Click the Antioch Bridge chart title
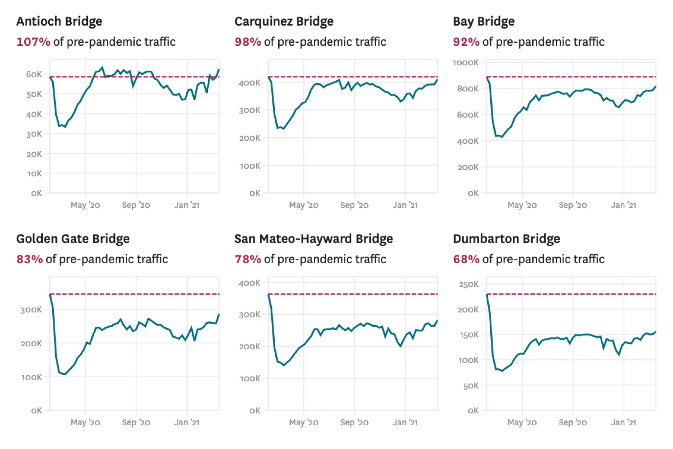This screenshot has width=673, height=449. click(x=59, y=22)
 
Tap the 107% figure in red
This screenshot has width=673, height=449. click(x=33, y=42)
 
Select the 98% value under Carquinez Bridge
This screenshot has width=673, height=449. click(x=248, y=42)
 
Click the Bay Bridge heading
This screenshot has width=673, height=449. click(x=483, y=22)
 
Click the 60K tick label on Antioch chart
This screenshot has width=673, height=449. click(x=34, y=74)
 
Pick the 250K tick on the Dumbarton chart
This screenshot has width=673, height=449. click(x=469, y=284)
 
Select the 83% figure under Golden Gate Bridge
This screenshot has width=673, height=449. click(x=30, y=260)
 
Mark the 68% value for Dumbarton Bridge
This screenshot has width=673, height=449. click(x=466, y=260)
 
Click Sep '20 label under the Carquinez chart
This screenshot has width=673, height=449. click(x=354, y=205)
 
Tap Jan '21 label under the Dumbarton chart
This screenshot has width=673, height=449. click(x=623, y=423)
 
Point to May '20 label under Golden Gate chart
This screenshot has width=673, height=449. click(x=85, y=423)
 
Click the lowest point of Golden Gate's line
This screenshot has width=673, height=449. click(x=65, y=374)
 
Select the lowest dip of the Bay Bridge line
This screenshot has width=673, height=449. click(x=502, y=137)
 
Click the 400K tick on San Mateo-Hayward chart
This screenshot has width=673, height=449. click(x=249, y=283)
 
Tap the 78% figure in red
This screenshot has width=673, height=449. click(x=248, y=260)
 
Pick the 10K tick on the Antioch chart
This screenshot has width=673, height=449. click(x=34, y=174)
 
